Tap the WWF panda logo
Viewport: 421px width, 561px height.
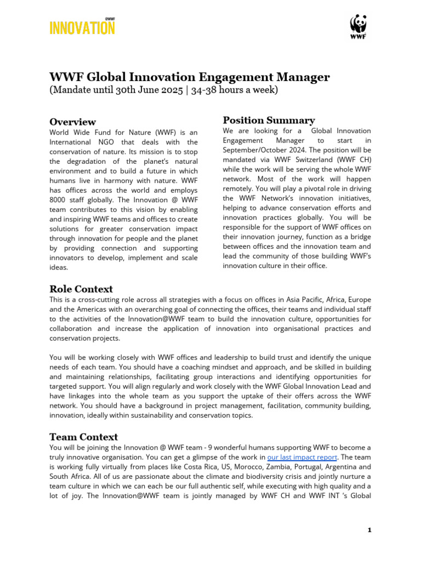tap(358, 26)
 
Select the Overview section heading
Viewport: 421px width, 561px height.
tap(72, 122)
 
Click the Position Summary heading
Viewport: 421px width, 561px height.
tap(269, 120)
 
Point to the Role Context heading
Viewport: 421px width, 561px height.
tap(81, 289)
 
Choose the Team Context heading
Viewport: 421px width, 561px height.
tap(83, 437)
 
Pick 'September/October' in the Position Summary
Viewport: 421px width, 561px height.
tap(255, 150)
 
